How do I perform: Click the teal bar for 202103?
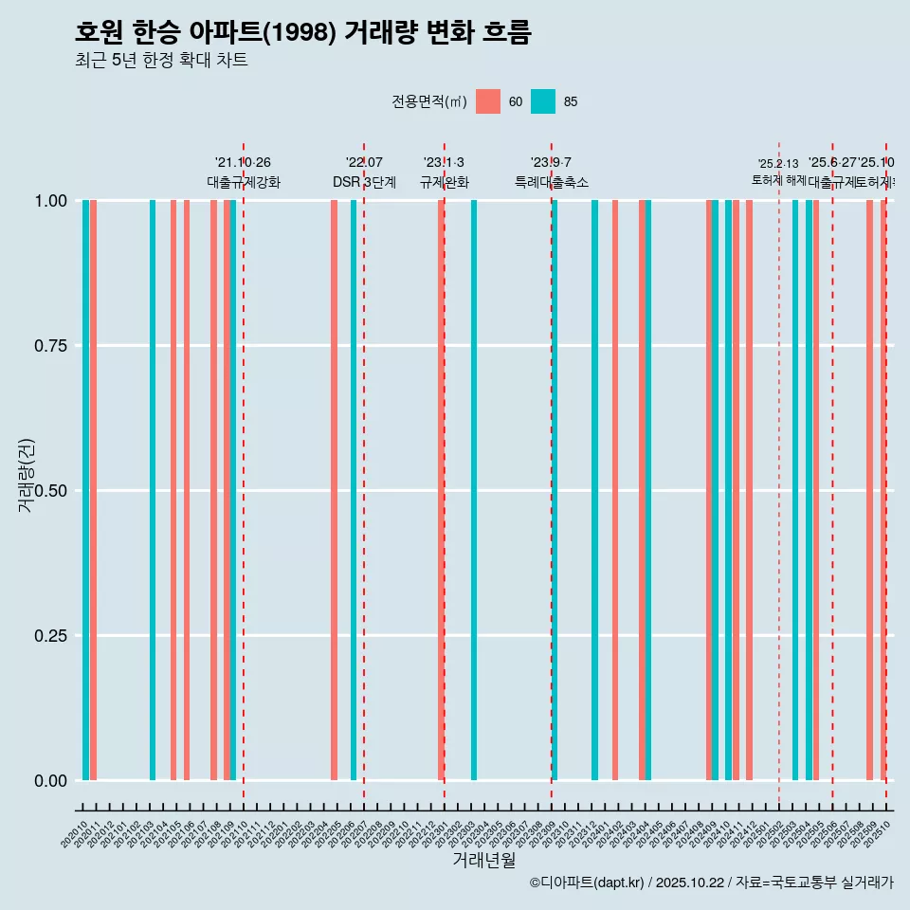(x=153, y=490)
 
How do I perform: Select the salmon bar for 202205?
(x=334, y=490)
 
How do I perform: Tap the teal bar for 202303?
(x=474, y=490)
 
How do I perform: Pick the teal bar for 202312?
(x=594, y=490)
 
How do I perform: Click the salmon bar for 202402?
(x=615, y=490)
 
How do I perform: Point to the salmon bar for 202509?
(x=869, y=490)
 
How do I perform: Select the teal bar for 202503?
(x=795, y=490)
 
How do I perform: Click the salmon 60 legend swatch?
(x=487, y=101)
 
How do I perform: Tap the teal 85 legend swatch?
(x=543, y=101)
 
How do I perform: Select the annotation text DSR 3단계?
(x=364, y=182)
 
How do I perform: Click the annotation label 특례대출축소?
(x=552, y=182)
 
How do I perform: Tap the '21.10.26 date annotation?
(x=243, y=163)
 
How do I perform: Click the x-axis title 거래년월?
(x=483, y=861)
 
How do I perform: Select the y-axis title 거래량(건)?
(x=27, y=476)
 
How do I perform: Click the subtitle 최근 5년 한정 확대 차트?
(x=161, y=61)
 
